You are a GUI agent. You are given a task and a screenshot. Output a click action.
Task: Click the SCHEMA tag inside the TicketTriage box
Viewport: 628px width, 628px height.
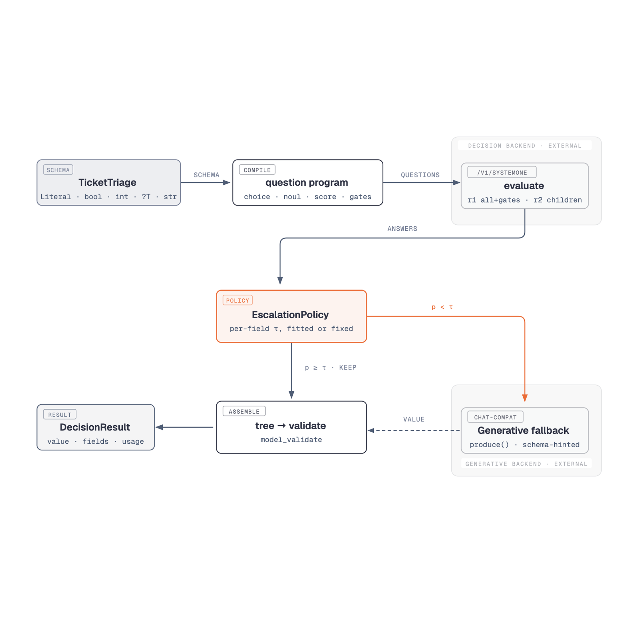coord(58,170)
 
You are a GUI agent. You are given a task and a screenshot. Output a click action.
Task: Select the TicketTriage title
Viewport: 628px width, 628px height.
coord(107,183)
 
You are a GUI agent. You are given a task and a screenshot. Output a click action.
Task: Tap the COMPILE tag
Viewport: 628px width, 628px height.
coord(257,170)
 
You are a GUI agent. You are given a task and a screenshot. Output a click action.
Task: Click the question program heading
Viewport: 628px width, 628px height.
coord(307,183)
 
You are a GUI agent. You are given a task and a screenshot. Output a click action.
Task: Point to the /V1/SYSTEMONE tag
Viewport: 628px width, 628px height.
coord(502,173)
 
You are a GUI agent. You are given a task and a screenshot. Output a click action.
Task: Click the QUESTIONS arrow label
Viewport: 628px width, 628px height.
coord(420,175)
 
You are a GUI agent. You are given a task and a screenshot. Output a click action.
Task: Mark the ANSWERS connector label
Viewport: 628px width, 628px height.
coord(402,229)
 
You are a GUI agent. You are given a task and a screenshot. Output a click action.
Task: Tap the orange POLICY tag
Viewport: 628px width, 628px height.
coord(237,301)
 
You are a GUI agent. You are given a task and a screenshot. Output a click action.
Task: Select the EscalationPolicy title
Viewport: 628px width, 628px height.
coord(290,315)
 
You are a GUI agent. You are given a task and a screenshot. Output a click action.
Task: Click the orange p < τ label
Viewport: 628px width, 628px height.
coord(442,307)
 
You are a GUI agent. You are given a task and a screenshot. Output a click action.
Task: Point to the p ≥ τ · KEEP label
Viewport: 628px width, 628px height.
coord(331,368)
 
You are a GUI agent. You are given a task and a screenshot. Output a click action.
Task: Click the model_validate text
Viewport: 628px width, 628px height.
coord(291,440)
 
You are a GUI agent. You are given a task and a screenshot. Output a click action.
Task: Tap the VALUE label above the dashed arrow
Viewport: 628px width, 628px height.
coord(414,420)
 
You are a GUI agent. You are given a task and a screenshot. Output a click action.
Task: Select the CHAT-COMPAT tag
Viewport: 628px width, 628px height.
coord(495,417)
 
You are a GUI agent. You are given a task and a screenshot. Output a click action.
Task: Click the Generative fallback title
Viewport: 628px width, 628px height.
coord(523,431)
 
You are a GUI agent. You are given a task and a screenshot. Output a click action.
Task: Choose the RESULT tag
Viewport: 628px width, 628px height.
coord(60,415)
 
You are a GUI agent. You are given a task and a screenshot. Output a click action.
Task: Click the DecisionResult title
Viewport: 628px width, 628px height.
coord(95,427)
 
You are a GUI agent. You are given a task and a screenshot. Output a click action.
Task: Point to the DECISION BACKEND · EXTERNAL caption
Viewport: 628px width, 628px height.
coord(525,146)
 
